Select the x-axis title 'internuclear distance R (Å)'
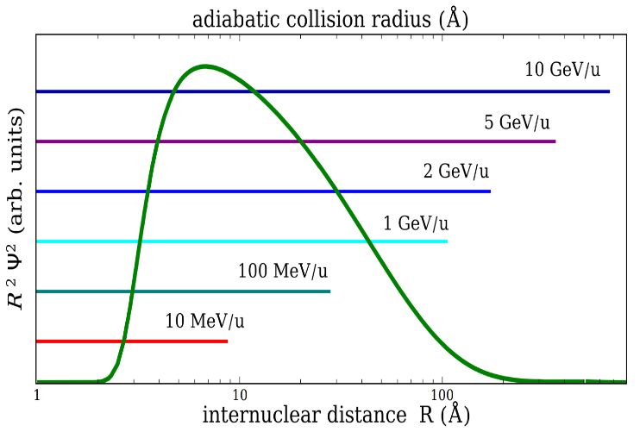(336, 415)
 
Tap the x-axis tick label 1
(36, 396)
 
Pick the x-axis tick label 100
(442, 396)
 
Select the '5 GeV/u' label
(517, 121)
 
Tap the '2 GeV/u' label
(455, 171)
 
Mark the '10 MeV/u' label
(204, 322)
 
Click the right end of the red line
(228, 341)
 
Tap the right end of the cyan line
(448, 241)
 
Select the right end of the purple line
(555, 141)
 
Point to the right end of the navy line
(609, 91)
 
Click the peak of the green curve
(204, 66)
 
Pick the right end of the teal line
(330, 291)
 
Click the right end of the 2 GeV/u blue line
(490, 191)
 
